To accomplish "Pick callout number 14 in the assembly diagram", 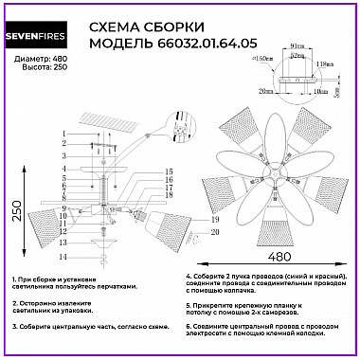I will pos(64,257).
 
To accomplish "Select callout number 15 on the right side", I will pos(168,171).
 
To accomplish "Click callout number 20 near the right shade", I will pos(189,231).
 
